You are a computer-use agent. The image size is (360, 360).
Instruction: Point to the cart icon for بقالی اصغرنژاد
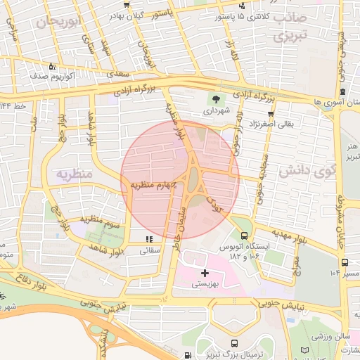click(x=270, y=113)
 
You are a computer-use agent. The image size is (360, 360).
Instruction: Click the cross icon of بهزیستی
click(x=205, y=272)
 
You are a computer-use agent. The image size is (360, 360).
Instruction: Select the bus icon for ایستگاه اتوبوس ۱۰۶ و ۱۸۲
click(x=244, y=236)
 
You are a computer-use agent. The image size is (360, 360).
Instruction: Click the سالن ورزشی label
click(x=327, y=337)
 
